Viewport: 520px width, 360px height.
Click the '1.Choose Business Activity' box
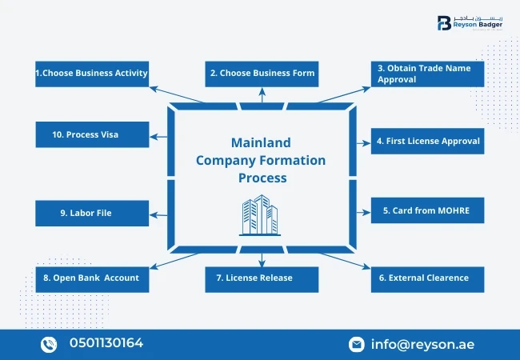[x=91, y=74]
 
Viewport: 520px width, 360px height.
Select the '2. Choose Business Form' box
[x=262, y=74]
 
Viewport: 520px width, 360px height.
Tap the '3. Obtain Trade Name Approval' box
[x=427, y=74]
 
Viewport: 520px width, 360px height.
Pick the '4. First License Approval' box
[x=427, y=141]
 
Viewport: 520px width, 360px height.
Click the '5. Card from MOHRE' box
[x=427, y=210]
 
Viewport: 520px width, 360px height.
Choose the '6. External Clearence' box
[x=427, y=278]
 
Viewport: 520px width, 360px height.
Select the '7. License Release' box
[x=262, y=278]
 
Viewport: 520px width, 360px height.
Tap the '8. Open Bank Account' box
[x=91, y=278]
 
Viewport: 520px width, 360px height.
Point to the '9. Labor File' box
[x=91, y=214]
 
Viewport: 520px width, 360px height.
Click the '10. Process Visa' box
[x=91, y=134]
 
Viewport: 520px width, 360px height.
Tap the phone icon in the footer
[x=50, y=344]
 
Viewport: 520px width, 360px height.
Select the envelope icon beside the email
[x=357, y=344]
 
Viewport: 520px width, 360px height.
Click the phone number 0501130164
[x=106, y=343]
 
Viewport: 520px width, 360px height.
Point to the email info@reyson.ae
[x=422, y=344]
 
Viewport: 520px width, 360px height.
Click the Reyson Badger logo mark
[x=444, y=23]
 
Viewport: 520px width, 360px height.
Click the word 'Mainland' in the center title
[x=261, y=143]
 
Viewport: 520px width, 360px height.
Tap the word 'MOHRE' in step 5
[x=451, y=210]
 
